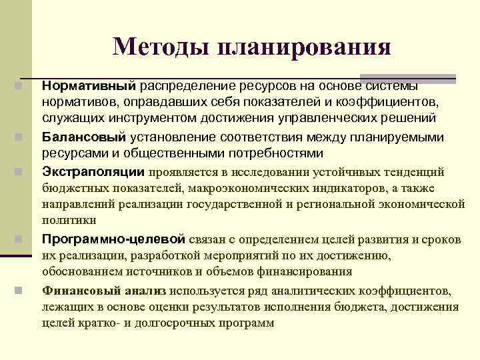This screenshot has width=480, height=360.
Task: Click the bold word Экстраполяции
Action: click(x=93, y=172)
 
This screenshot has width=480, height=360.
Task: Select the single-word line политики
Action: click(x=69, y=220)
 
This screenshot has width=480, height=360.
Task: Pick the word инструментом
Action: click(x=135, y=119)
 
